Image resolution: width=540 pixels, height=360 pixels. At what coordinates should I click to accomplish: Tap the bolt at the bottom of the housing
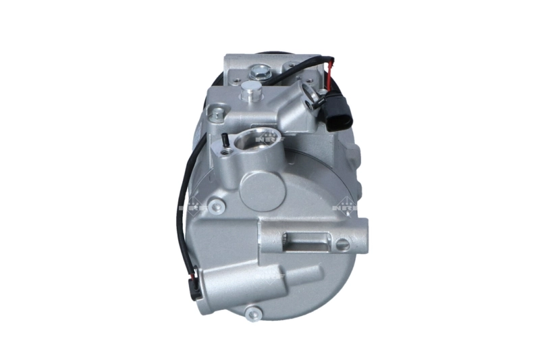click(254, 313)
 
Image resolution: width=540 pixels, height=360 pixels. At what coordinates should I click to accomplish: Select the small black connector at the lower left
click(194, 283)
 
